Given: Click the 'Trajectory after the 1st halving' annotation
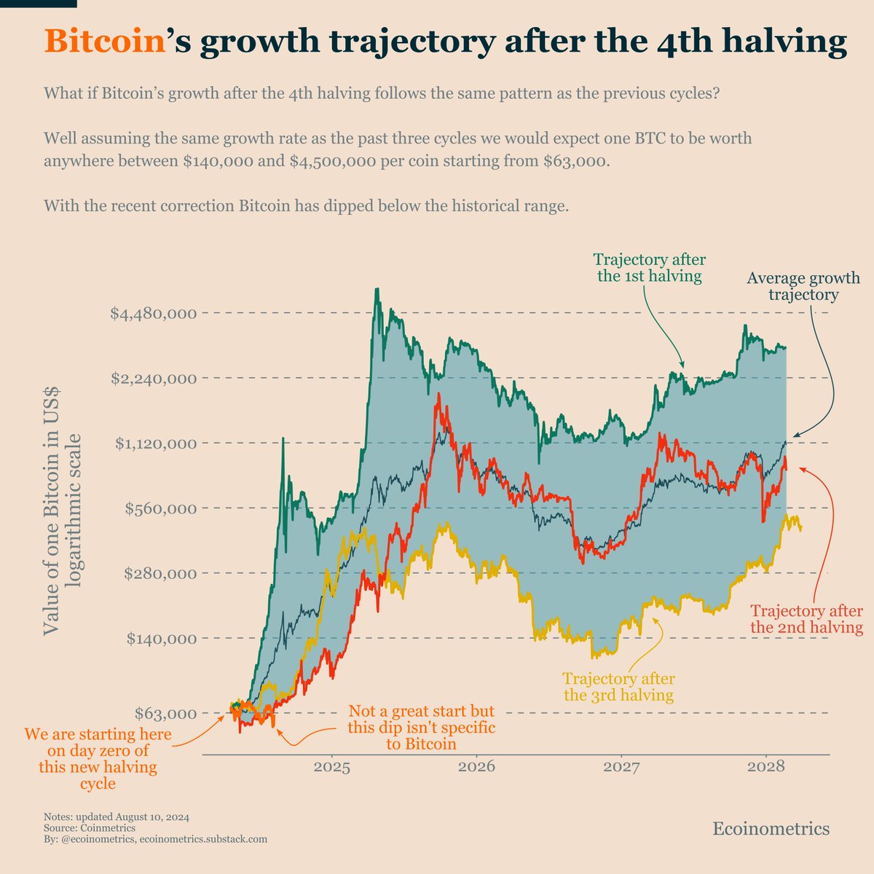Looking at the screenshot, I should click(x=649, y=268).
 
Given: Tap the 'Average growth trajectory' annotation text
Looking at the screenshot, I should click(x=803, y=287).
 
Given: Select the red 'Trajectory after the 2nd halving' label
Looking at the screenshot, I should click(x=806, y=619).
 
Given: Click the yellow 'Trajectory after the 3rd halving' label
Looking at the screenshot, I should click(x=618, y=687).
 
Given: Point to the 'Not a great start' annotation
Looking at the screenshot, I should click(x=421, y=727).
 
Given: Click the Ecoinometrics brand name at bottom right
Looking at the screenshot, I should click(x=771, y=829).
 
